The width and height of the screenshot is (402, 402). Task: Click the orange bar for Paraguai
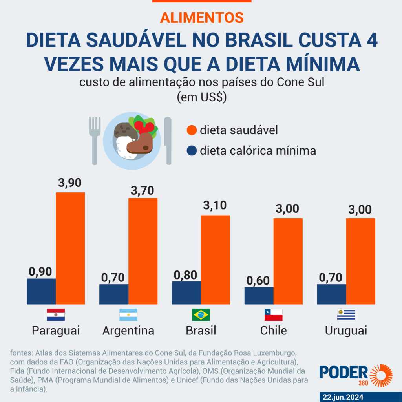pos(70,248)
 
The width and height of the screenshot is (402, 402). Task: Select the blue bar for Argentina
pos(114,294)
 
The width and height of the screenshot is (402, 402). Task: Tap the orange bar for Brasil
pos(216,259)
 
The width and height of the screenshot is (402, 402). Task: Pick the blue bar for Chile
pos(259,295)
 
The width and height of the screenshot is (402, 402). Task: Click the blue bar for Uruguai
pos(332,294)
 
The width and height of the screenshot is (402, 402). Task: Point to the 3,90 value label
pos(70,183)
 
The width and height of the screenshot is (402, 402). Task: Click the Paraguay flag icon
pos(56,315)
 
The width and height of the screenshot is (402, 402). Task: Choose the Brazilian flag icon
pos(201,315)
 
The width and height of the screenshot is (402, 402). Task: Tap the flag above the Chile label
pos(274,315)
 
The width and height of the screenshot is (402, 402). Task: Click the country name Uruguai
pos(346,331)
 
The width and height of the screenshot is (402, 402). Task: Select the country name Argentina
pos(128,331)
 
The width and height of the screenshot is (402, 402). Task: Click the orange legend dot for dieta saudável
pos(192,130)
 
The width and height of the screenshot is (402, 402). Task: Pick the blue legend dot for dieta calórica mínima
pos(192,151)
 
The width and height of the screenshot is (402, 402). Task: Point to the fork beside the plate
pos(95,139)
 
